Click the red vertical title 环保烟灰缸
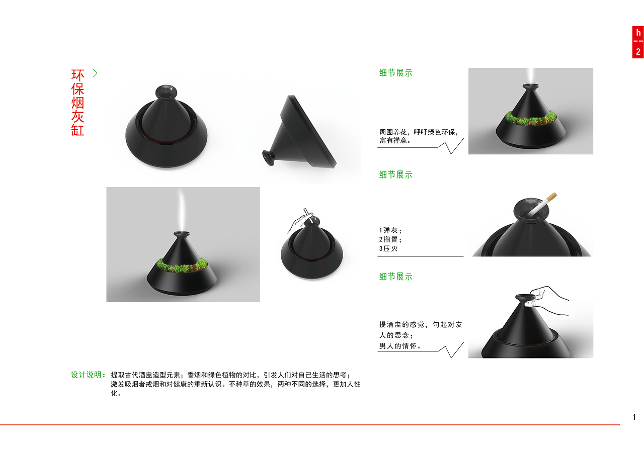click(x=77, y=102)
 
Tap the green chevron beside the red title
click(x=95, y=73)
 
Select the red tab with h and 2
click(x=638, y=42)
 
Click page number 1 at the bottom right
click(x=634, y=417)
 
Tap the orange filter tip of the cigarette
click(x=552, y=197)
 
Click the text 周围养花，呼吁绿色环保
click(x=418, y=132)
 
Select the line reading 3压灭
click(x=388, y=249)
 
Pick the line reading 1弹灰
click(x=390, y=230)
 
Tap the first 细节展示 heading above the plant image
click(x=395, y=73)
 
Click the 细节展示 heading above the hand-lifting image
click(x=395, y=277)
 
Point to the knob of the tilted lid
click(x=269, y=157)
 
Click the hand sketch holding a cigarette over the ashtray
click(x=299, y=221)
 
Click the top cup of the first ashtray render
click(x=166, y=92)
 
